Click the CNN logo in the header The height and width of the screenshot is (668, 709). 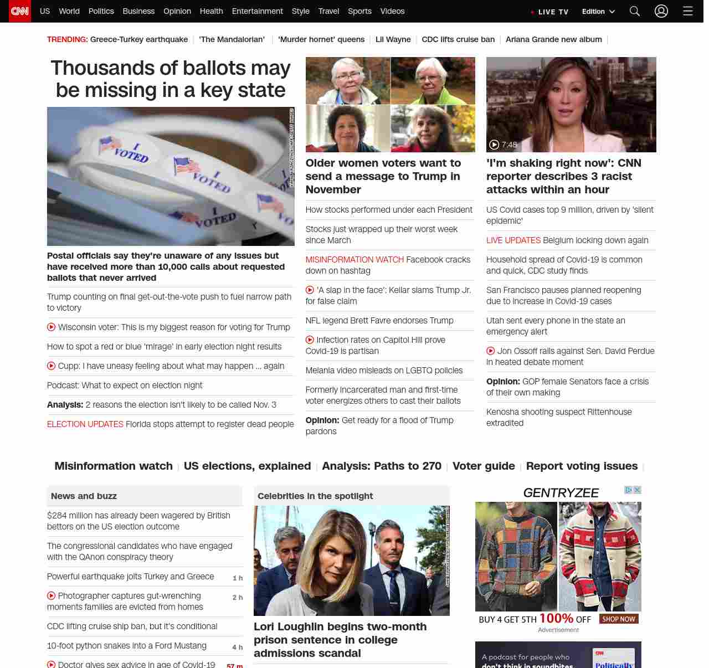20,11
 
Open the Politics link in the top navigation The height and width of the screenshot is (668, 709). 101,11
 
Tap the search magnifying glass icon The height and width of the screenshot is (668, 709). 635,11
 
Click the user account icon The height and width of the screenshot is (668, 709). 661,11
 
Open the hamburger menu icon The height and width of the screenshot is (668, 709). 688,11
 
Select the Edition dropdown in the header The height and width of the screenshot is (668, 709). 598,12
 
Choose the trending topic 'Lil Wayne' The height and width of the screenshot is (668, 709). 393,39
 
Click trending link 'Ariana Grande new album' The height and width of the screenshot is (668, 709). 553,39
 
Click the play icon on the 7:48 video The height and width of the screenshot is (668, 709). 494,145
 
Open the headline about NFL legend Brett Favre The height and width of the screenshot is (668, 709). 379,320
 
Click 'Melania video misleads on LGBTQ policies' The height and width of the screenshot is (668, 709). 384,370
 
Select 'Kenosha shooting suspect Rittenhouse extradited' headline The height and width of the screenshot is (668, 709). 559,417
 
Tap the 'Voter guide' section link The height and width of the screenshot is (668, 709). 484,466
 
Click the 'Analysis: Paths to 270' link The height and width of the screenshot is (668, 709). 382,466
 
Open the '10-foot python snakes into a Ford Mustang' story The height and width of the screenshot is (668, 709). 127,646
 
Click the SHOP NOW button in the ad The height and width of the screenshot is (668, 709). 619,619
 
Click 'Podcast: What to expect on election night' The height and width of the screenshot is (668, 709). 125,385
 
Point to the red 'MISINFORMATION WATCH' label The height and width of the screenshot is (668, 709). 354,259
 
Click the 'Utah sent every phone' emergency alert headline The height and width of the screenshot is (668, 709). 556,326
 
